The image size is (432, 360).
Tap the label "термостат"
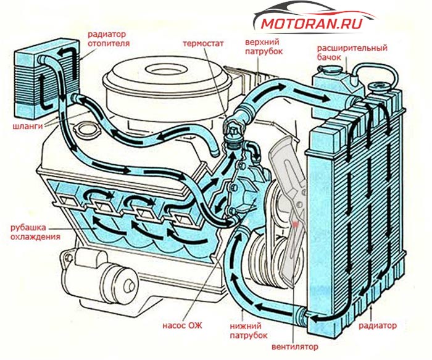click(x=203, y=44)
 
